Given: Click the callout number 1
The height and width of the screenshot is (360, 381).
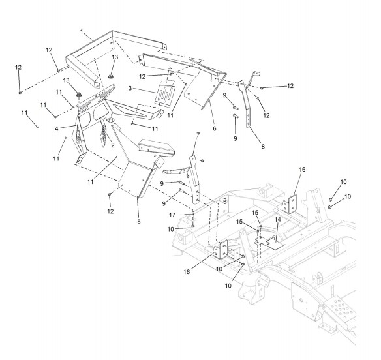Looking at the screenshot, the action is (x=82, y=32).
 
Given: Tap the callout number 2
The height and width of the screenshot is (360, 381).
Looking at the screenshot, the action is (x=112, y=145).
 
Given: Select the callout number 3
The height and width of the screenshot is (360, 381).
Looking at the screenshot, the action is (x=130, y=88).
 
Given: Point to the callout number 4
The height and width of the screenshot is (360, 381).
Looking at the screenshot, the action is (x=57, y=128).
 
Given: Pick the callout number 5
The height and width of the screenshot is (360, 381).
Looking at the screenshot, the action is (x=139, y=222).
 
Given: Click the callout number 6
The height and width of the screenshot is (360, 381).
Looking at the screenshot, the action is (x=214, y=128).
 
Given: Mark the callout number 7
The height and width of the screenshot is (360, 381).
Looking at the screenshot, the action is (x=198, y=135).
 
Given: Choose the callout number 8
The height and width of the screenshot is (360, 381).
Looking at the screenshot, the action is (x=263, y=147).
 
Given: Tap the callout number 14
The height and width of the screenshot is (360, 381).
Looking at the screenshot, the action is (x=278, y=220).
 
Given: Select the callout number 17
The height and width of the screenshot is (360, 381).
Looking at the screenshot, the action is (x=172, y=215).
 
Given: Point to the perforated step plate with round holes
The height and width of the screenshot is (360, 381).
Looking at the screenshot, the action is (x=341, y=308).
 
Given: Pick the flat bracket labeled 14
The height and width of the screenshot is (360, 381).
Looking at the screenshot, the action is (x=269, y=243).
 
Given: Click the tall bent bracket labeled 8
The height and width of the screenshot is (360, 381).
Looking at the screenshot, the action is (x=247, y=102).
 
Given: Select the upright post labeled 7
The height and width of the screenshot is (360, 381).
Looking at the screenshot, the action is (x=194, y=180).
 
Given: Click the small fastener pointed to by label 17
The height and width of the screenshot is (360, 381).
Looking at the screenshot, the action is (x=193, y=214).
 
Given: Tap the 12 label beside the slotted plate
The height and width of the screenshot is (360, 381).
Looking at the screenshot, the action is (x=142, y=76).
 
